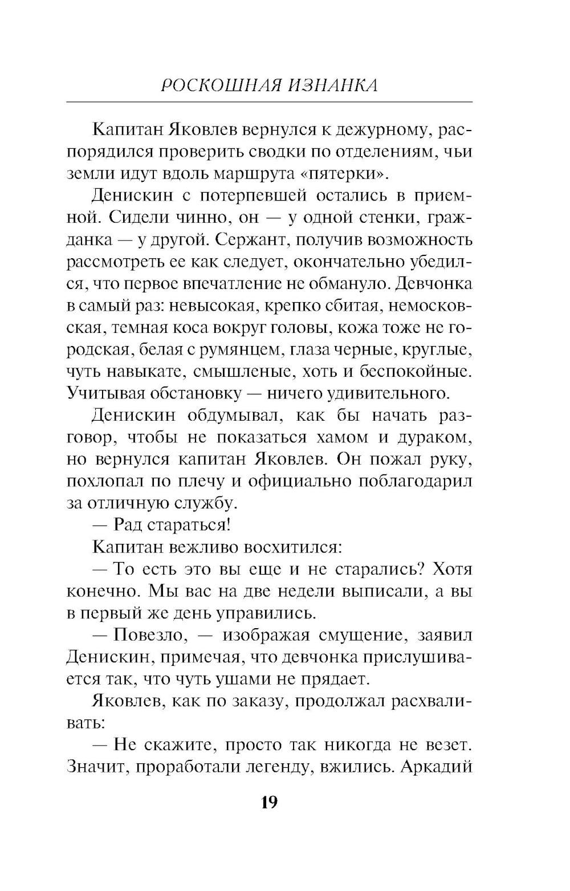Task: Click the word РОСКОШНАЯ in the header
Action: point(219,85)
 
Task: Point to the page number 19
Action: point(269,802)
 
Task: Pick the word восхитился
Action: point(292,547)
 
